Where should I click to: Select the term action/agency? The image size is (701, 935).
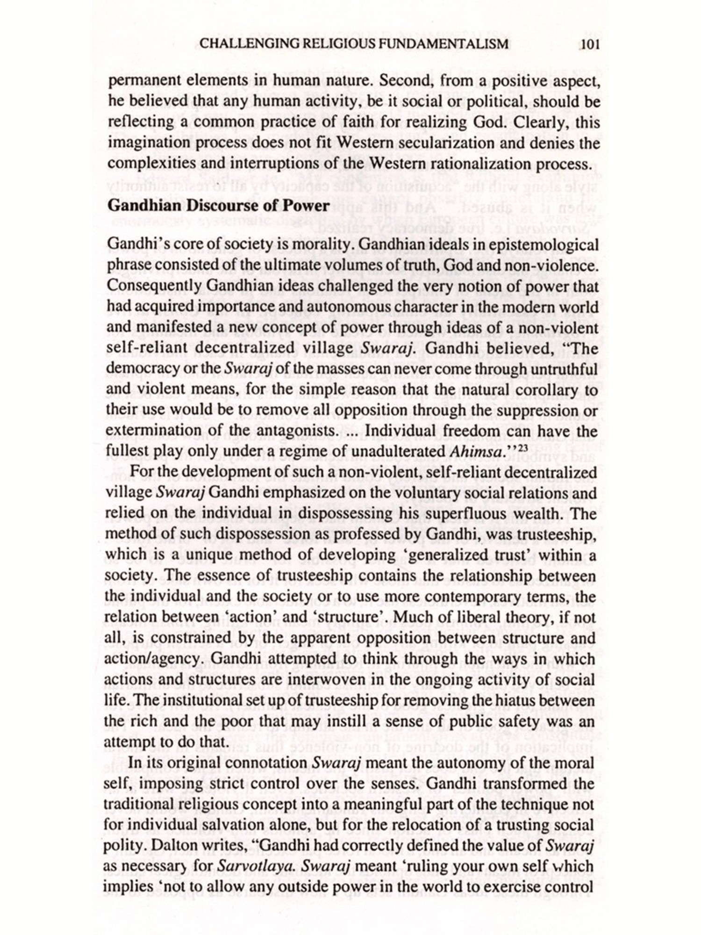pos(155,659)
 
